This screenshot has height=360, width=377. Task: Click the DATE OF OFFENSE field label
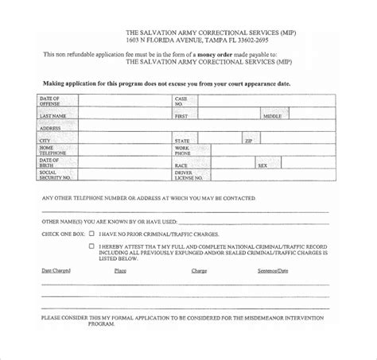[x=50, y=101]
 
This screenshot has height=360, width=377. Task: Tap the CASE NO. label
[x=180, y=101]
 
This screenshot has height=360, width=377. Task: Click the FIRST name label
[x=181, y=116]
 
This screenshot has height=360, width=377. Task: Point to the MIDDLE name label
[x=273, y=116]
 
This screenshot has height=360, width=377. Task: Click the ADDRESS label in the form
[x=50, y=128]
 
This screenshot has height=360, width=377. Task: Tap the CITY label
[x=45, y=140]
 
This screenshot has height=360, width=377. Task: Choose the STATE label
[x=182, y=140]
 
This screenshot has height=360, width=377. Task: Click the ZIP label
[x=227, y=140]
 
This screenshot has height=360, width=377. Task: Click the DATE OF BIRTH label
[x=49, y=162]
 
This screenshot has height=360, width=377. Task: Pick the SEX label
[x=262, y=165]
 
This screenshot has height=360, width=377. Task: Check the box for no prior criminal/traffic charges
[x=91, y=234]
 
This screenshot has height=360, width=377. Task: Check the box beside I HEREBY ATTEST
[x=91, y=246]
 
